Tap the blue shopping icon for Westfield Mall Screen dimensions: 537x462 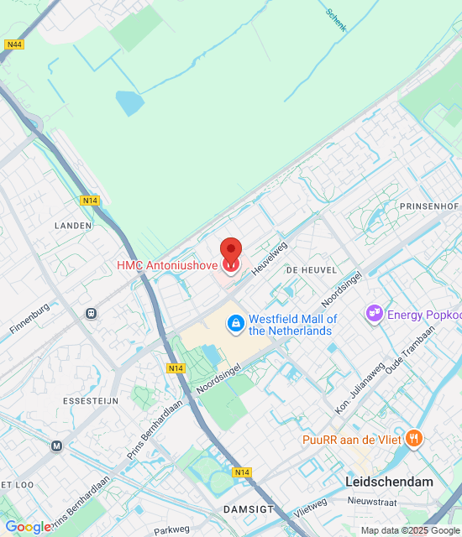click(x=236, y=322)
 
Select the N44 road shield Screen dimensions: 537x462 click(x=13, y=44)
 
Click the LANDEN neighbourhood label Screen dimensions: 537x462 click(x=72, y=226)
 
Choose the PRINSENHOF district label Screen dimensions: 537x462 click(x=428, y=206)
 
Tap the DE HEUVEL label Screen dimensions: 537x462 click(x=311, y=270)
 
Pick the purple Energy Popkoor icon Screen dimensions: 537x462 click(x=374, y=314)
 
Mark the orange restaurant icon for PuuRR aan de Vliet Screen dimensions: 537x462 click(x=413, y=438)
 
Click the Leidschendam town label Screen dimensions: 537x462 click(x=389, y=482)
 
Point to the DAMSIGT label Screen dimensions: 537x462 click(x=244, y=509)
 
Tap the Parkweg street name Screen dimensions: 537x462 click(x=172, y=530)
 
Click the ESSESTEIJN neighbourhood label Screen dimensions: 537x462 click(x=90, y=401)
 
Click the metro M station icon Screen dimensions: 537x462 click(x=56, y=446)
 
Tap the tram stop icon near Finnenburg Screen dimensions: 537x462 click(x=91, y=314)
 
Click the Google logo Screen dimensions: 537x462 click(x=28, y=526)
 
